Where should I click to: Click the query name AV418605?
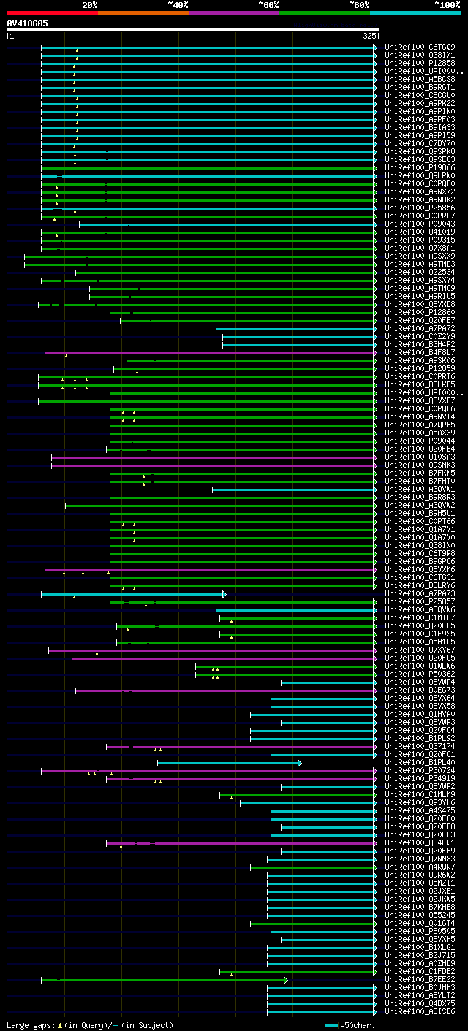click(x=28, y=23)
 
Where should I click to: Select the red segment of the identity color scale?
click(x=52, y=13)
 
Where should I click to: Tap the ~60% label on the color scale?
click(x=268, y=5)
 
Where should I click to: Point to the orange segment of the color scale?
click(x=143, y=13)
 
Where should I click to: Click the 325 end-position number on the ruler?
click(x=369, y=35)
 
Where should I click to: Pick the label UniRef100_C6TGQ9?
click(x=419, y=47)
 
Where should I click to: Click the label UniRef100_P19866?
click(x=419, y=167)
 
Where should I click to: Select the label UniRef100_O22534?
click(x=419, y=272)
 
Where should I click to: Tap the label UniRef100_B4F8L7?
click(x=419, y=352)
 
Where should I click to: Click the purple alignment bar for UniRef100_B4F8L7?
click(x=212, y=353)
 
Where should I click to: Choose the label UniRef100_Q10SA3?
click(x=419, y=457)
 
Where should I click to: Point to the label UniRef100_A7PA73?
click(x=419, y=593)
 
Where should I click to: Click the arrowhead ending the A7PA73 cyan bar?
click(x=224, y=594)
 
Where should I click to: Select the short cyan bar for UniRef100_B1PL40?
click(x=227, y=763)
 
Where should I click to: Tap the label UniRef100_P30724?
click(x=419, y=770)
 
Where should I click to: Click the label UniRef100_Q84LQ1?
click(x=419, y=842)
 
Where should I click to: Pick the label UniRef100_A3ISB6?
click(x=419, y=1011)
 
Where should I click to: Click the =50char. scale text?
click(x=358, y=1025)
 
